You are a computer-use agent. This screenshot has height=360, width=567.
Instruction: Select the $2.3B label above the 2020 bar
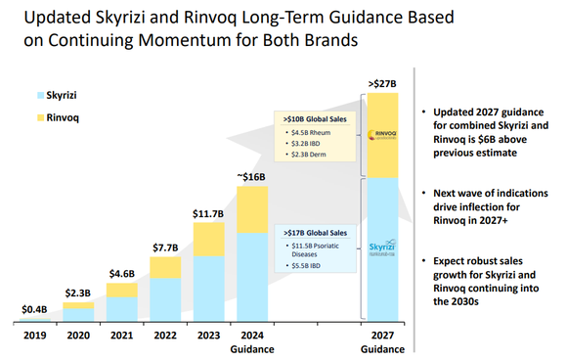coord(77,292)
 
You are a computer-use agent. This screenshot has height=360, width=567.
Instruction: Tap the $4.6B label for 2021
coord(121,275)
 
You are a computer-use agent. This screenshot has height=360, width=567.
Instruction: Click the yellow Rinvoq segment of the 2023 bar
coord(208,238)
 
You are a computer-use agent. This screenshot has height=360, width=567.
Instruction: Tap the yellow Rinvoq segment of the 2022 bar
coord(165,267)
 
